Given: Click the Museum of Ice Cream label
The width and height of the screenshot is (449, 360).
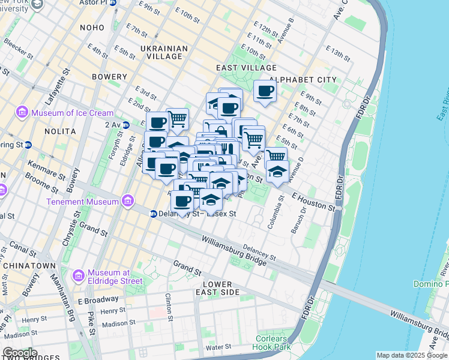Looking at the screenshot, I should pyautogui.click(x=72, y=113).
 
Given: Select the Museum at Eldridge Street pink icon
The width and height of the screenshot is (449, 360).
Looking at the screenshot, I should pyautogui.click(x=78, y=275).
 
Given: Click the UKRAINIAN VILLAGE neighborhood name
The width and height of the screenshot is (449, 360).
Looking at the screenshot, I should pyautogui.click(x=160, y=52).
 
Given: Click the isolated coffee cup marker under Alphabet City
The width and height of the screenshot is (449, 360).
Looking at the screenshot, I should pyautogui.click(x=265, y=91).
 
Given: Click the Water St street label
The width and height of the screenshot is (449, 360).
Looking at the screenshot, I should pyautogui.click(x=218, y=347).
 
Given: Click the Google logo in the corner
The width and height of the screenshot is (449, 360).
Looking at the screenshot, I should pyautogui.click(x=20, y=353).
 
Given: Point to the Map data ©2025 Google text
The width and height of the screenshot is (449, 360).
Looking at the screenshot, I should pyautogui.click(x=412, y=355).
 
